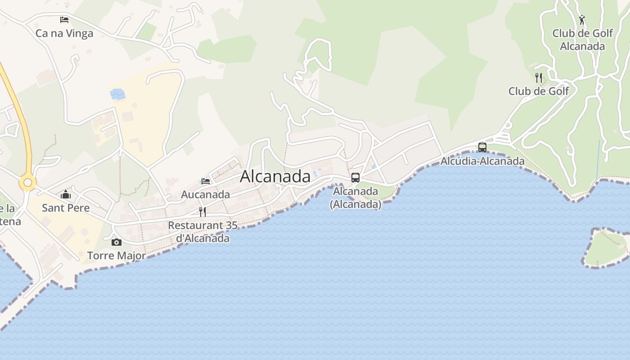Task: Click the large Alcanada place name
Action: [x=275, y=176]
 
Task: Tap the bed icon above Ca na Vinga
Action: [x=64, y=20]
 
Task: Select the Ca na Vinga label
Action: [x=64, y=33]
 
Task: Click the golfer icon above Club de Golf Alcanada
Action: [x=582, y=20]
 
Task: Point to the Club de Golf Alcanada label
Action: [x=582, y=40]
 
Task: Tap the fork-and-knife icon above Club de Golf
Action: [x=539, y=77]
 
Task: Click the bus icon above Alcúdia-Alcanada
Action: [x=482, y=147]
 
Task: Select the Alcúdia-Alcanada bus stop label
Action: [x=482, y=161]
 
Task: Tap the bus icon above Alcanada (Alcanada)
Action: [x=355, y=178]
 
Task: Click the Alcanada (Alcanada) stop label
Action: [x=355, y=198]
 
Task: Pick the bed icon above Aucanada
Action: [x=206, y=181]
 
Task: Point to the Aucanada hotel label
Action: [x=205, y=194]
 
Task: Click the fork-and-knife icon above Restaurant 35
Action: [x=202, y=211]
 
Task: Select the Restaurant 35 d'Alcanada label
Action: [x=202, y=231]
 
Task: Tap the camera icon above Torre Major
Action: [x=117, y=243]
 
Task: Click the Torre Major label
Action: [x=117, y=256]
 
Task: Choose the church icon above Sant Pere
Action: [x=66, y=195]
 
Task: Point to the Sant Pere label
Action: [x=66, y=208]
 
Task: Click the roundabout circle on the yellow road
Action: [x=27, y=183]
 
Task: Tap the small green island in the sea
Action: [x=605, y=249]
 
